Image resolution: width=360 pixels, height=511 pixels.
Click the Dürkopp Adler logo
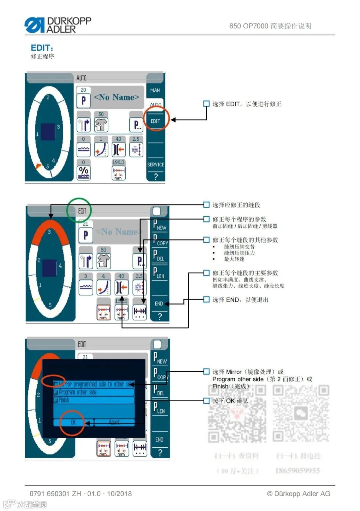coord(58,25)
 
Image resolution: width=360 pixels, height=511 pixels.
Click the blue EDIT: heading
coord(42,48)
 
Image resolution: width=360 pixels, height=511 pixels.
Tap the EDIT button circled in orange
coord(155,121)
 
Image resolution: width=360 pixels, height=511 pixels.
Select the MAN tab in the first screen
coord(155,90)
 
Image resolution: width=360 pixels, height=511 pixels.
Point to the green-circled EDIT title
coord(82,211)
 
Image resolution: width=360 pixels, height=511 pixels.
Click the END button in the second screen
coord(159,304)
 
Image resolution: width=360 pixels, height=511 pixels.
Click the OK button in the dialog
coord(73,422)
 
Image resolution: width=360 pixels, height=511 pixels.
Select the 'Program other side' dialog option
coord(93,392)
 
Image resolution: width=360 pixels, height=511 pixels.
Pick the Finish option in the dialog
coord(93,400)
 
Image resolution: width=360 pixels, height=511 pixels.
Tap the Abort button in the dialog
coord(114,422)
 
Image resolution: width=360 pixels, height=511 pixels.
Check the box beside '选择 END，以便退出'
coord(206,300)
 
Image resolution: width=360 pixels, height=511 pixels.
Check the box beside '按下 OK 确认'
coord(206,401)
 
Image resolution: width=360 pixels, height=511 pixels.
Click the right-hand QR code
coord(301,414)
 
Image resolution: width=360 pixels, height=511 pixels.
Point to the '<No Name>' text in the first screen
coord(116,97)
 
